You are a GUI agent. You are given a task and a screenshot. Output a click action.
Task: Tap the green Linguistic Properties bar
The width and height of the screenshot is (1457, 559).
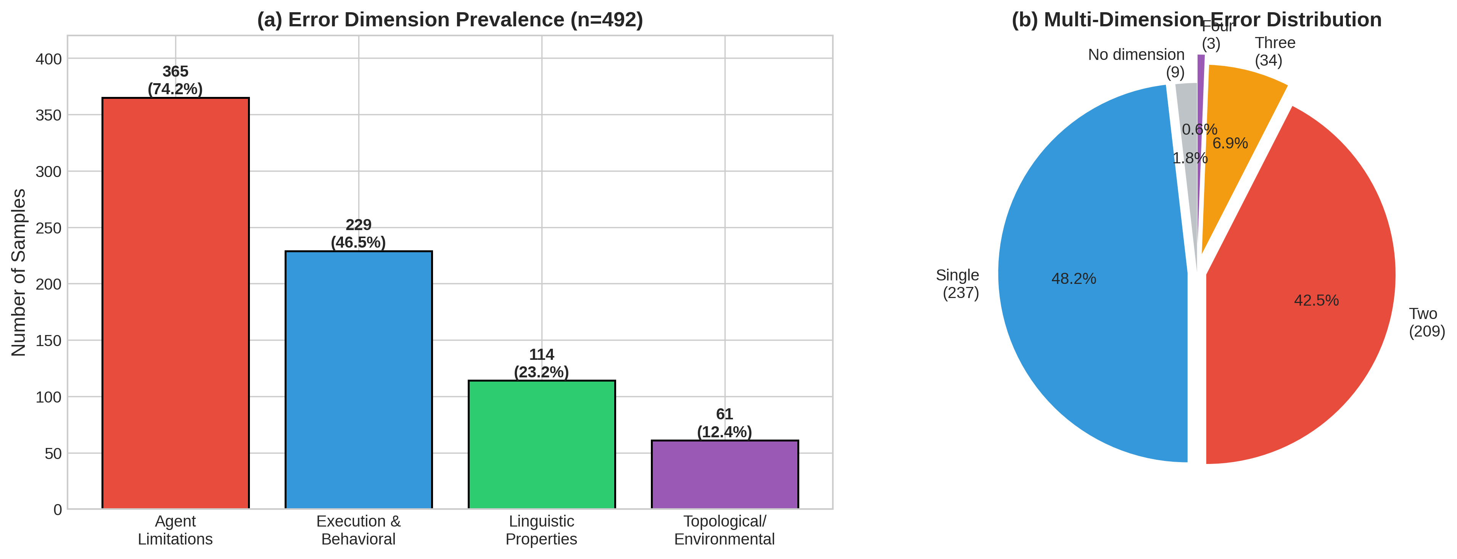[x=541, y=445]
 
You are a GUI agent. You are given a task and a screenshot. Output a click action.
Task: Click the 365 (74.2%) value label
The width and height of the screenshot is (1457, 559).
[x=175, y=81]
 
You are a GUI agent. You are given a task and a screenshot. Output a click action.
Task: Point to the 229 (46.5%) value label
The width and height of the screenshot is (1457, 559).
[x=359, y=234]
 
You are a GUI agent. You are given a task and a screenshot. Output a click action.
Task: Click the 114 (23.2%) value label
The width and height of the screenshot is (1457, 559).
[x=541, y=363]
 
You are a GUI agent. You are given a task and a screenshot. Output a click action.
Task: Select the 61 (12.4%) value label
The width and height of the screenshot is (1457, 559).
[x=724, y=423]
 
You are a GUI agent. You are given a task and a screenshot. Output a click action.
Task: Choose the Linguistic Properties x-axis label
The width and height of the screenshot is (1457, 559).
[x=541, y=530]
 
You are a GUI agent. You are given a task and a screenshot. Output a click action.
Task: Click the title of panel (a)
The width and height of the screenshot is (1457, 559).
[x=450, y=20]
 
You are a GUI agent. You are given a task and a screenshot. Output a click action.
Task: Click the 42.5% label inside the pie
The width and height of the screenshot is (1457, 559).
[x=1316, y=300]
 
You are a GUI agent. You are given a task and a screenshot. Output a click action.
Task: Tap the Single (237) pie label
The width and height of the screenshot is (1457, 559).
[x=958, y=284]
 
